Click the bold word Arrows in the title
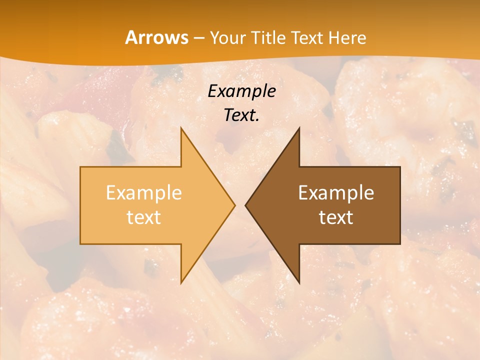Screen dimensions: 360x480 click(x=156, y=37)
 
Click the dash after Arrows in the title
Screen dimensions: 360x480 click(x=198, y=38)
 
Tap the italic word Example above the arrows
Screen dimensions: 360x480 click(x=242, y=91)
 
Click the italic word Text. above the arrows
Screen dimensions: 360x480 click(x=242, y=115)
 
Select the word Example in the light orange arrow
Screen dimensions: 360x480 click(x=144, y=192)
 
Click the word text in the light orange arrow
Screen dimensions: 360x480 click(x=144, y=217)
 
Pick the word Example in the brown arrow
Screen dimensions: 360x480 click(x=336, y=192)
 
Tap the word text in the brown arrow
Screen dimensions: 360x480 click(x=336, y=217)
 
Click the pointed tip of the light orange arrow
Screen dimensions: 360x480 click(x=234, y=205)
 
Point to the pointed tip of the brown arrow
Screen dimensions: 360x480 click(x=245, y=205)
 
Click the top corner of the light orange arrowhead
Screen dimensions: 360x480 click(x=181, y=128)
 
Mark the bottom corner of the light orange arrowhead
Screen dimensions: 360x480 click(x=181, y=282)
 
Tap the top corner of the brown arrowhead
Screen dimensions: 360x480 click(x=299, y=128)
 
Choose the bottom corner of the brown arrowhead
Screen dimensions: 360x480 click(x=299, y=282)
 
